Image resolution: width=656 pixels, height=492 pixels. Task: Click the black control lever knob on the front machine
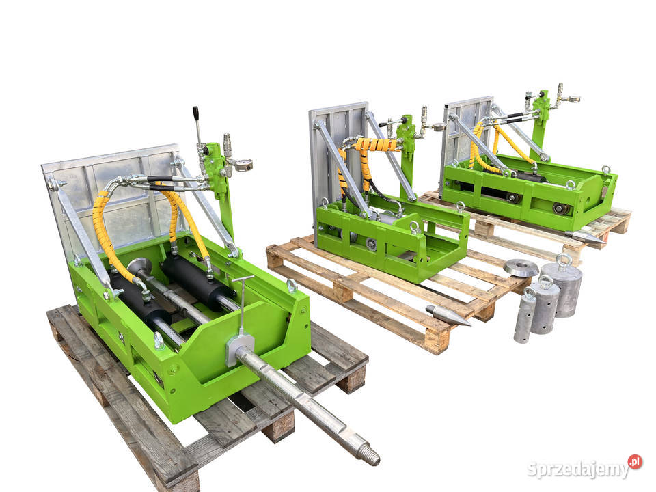click(195, 113)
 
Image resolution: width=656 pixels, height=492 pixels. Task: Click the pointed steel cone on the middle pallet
click(448, 315)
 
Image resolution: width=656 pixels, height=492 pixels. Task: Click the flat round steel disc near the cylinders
click(521, 268)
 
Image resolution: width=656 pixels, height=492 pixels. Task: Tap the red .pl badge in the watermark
click(635, 462)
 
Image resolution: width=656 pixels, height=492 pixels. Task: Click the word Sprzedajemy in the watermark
click(577, 469)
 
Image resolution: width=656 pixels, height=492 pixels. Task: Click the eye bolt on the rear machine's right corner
click(605, 169)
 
